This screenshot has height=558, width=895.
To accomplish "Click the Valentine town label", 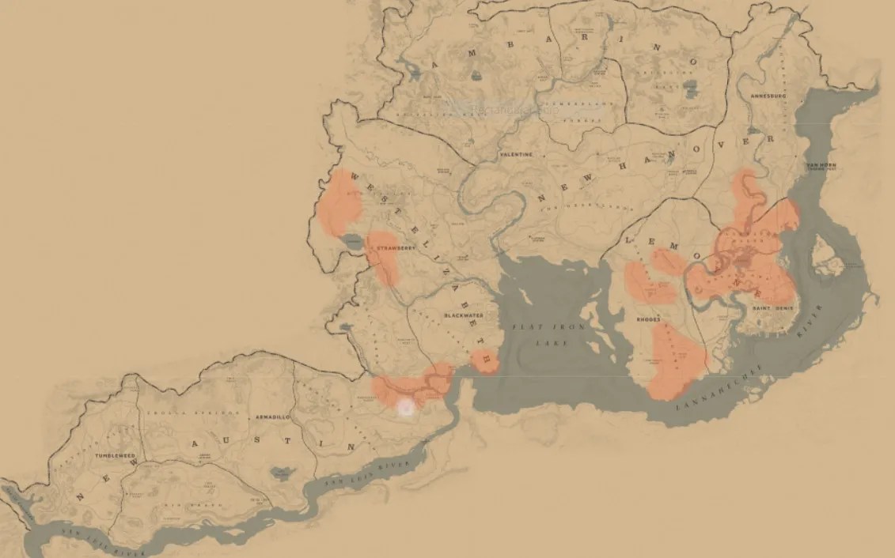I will (517, 155).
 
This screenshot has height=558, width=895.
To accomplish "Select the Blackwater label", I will (459, 315).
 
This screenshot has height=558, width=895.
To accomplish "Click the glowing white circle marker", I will (407, 407).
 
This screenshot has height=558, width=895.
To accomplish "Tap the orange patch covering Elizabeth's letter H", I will (484, 361).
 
